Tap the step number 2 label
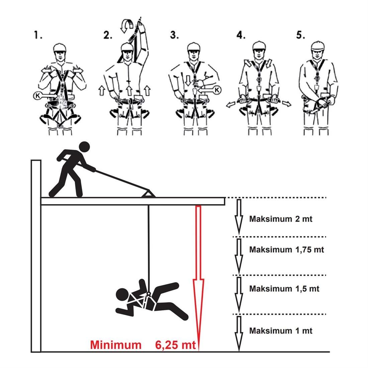(108, 35)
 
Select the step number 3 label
(174, 35)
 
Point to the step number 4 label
(241, 35)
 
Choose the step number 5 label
(301, 35)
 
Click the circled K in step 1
(37, 96)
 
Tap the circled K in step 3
(217, 90)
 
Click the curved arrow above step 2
(126, 26)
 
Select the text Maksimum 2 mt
(281, 219)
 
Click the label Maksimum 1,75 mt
(287, 250)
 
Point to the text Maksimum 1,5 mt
(284, 288)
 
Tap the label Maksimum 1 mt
(281, 331)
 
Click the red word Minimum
(116, 345)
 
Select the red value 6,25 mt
(175, 345)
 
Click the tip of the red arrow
(198, 351)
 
